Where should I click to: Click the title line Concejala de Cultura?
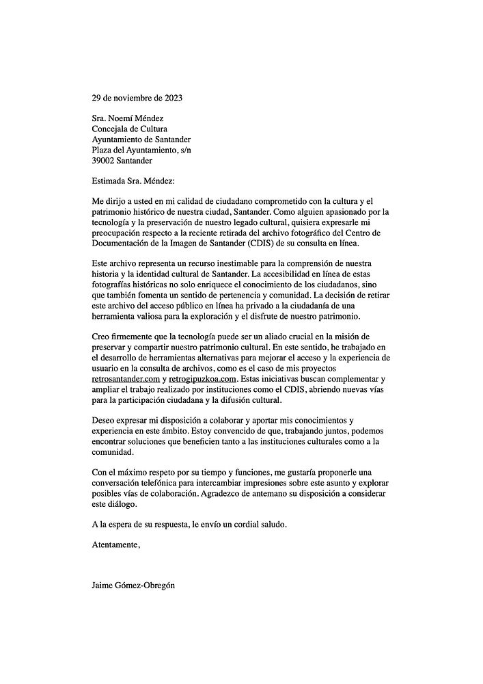[129, 129]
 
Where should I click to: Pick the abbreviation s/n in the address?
[210, 150]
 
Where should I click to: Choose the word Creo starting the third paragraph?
[101, 337]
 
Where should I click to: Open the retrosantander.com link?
[126, 379]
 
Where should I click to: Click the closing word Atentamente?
[115, 545]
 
